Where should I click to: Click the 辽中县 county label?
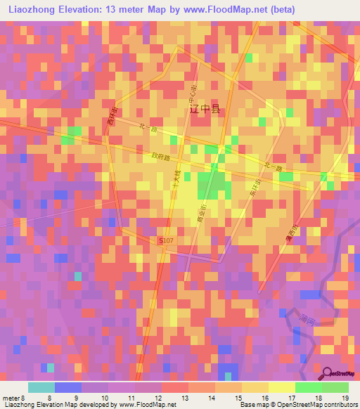pyautogui.click(x=205, y=110)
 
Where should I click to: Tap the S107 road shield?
pyautogui.click(x=166, y=240)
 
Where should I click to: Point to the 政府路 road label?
pyautogui.click(x=161, y=158)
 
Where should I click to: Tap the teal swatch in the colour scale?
pyautogui.click(x=41, y=387)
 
